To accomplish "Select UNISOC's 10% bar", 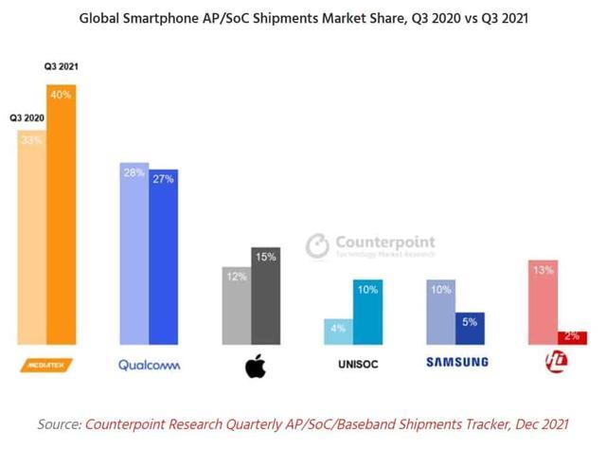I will pyautogui.click(x=367, y=312).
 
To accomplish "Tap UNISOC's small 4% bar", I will pyautogui.click(x=338, y=332).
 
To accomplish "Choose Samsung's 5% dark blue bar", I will pyautogui.click(x=470, y=328).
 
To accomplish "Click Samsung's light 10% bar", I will pyautogui.click(x=440, y=312).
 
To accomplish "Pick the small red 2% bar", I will pyautogui.click(x=572, y=338).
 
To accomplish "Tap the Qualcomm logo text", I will pyautogui.click(x=149, y=364).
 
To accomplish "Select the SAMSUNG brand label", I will pyautogui.click(x=456, y=362).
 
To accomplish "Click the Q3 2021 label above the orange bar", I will pyautogui.click(x=62, y=67).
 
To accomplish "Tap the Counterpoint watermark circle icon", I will pyautogui.click(x=317, y=246).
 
